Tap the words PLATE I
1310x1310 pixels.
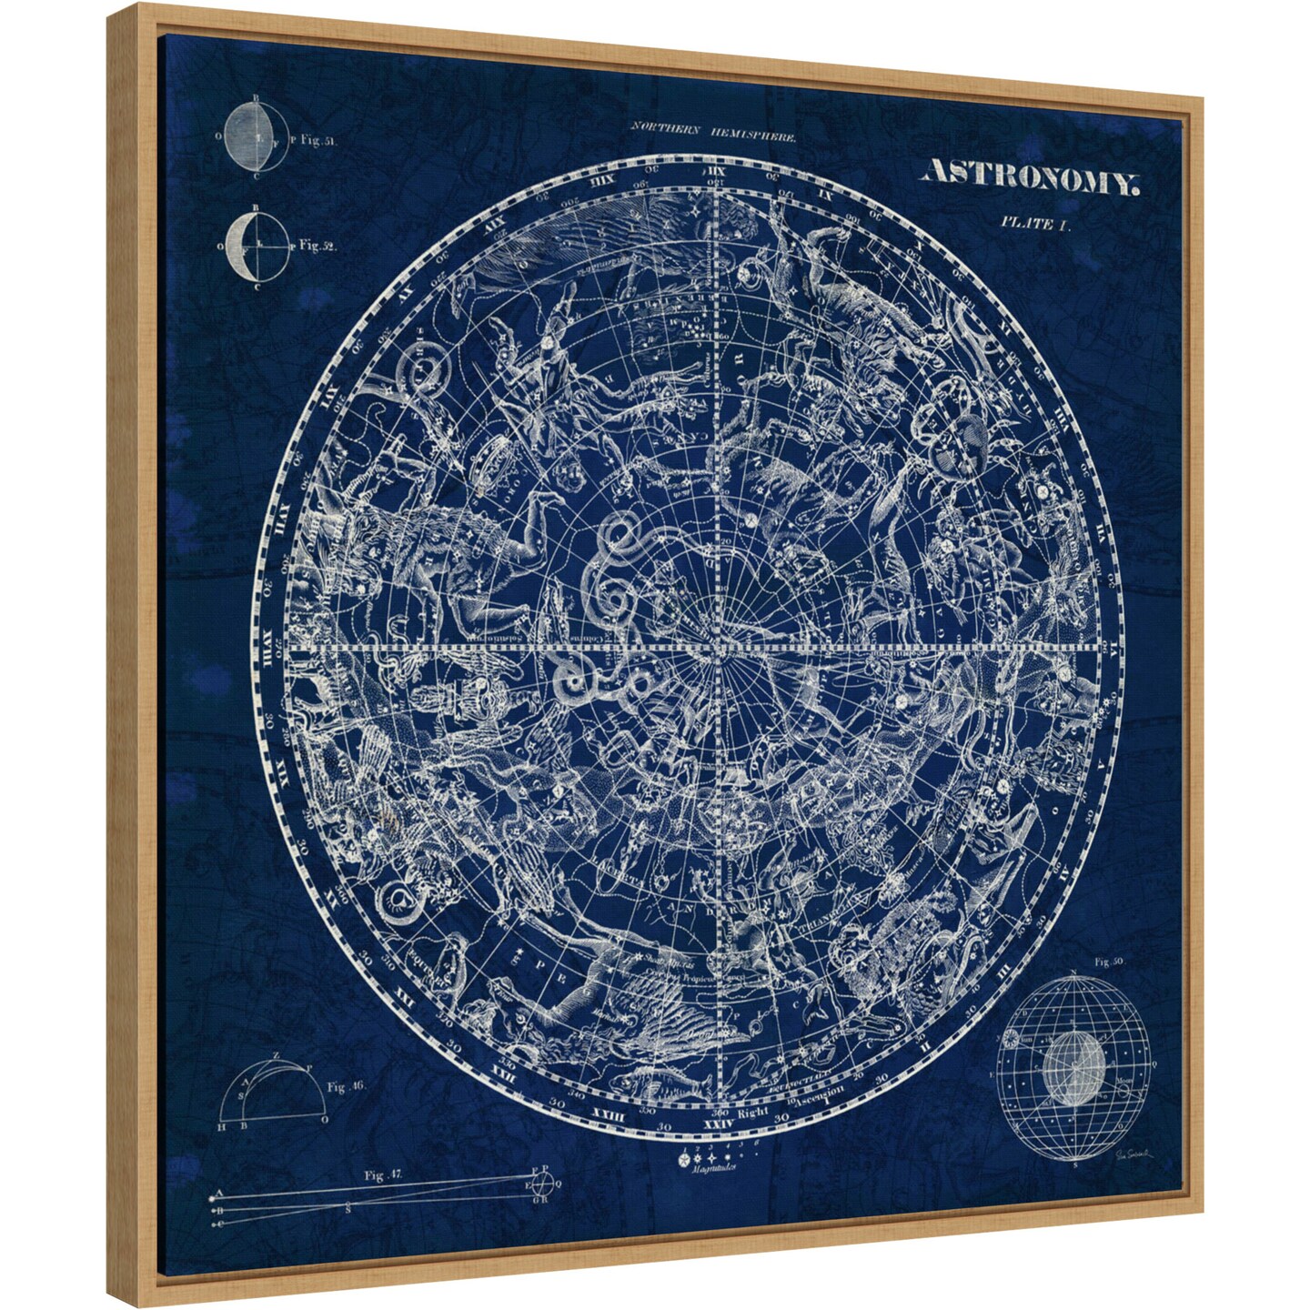tap(1036, 223)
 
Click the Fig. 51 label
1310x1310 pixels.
tap(317, 141)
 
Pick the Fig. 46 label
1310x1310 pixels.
tap(346, 1086)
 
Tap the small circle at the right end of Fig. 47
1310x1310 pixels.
tap(543, 1184)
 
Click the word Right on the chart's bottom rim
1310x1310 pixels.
tap(753, 1112)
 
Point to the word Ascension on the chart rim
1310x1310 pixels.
tap(823, 1096)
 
